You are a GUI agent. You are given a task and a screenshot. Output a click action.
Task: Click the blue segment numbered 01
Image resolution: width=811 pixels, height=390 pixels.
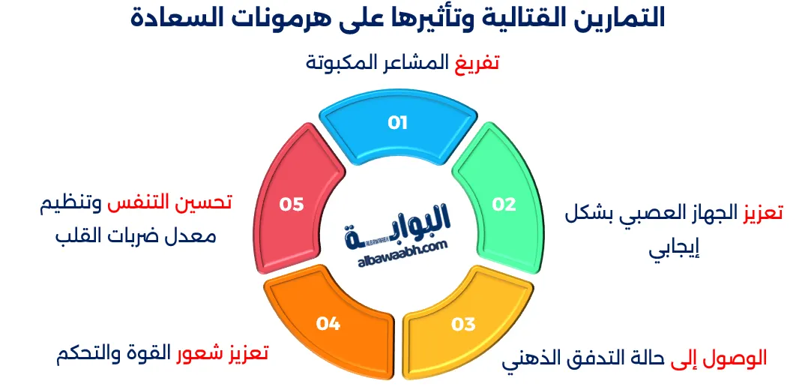click(x=397, y=124)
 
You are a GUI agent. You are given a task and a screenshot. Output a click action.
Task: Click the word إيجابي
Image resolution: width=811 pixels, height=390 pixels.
click(x=674, y=249)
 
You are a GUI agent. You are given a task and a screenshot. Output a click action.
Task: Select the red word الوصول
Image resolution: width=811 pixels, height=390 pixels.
click(x=740, y=358)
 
